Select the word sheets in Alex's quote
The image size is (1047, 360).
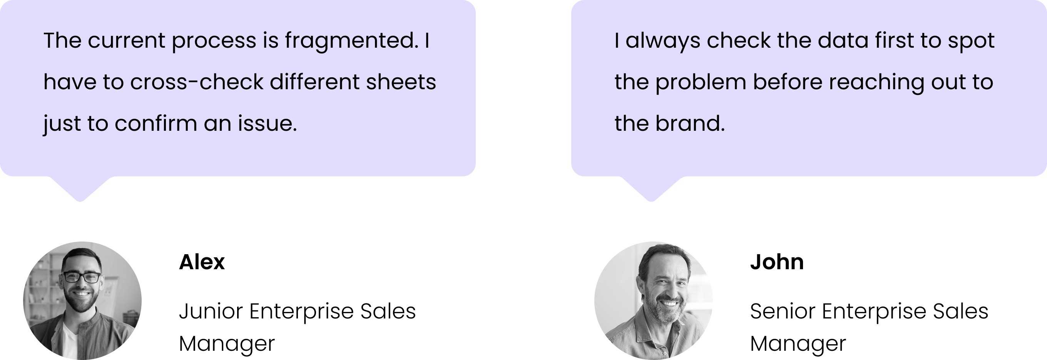tap(401, 82)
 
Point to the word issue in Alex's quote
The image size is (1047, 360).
tap(268, 123)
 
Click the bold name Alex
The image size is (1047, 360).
tap(202, 262)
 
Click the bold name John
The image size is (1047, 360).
tap(777, 262)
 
